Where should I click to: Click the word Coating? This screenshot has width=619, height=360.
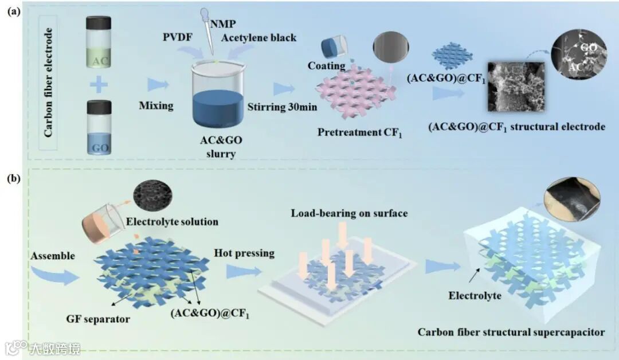pyautogui.click(x=327, y=65)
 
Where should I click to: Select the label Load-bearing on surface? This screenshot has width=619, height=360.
pyautogui.click(x=349, y=213)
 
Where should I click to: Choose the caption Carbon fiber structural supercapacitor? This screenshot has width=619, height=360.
pyautogui.click(x=511, y=332)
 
